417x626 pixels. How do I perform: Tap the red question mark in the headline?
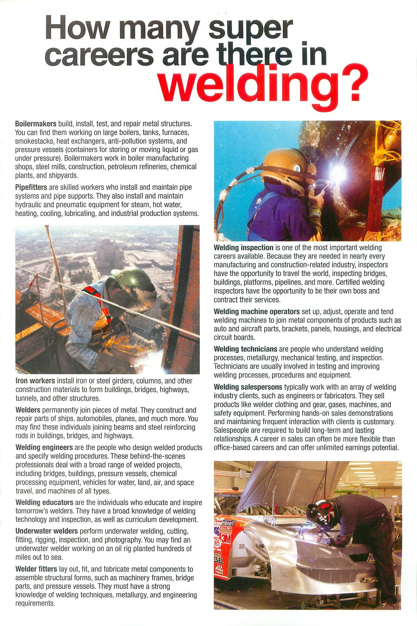tap(354, 85)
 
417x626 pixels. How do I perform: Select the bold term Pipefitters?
tap(31, 188)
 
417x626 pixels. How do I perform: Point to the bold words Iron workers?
tap(35, 381)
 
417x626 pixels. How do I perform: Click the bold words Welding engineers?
tap(44, 448)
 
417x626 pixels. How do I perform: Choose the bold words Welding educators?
tap(44, 502)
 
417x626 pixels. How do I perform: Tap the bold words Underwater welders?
tap(47, 531)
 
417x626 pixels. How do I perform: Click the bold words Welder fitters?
tap(36, 569)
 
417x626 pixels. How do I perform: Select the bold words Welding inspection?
tap(243, 248)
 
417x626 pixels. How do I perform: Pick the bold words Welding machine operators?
tap(256, 311)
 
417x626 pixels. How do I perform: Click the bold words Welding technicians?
tap(245, 349)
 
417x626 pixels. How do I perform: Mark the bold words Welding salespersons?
tap(248, 387)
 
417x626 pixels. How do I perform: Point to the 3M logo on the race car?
tap(225, 539)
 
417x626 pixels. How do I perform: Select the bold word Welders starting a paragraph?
tap(28, 410)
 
